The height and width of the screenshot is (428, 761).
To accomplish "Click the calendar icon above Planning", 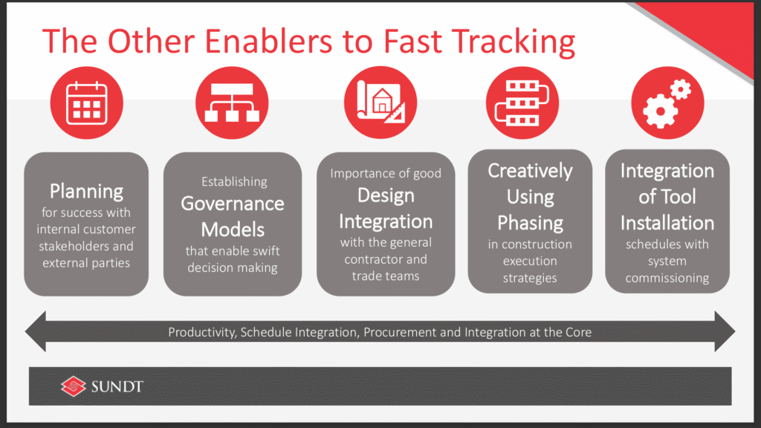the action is pos(86,103).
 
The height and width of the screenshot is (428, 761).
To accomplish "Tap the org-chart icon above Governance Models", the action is pos(232,103).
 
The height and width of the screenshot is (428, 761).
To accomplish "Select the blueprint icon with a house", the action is pos(380,102).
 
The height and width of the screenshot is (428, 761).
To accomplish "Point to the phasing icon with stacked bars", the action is pos(522,103).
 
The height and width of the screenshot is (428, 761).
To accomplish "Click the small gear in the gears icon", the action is pos(681,89).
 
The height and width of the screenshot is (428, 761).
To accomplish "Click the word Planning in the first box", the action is pos(86,192).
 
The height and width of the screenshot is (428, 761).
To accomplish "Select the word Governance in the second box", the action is pos(233,204).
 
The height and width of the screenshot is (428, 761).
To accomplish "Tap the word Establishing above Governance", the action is pos(234,181).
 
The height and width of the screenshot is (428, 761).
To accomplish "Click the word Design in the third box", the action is pos(386,195).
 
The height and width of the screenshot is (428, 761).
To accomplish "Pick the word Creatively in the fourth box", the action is pos(530,172).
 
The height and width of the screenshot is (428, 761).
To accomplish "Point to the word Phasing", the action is pos(530,223).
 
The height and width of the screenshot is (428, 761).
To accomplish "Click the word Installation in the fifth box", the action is pos(667,223).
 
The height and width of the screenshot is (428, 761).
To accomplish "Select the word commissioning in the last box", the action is pos(667,278).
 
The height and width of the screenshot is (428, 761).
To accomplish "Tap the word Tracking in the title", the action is pos(516,42).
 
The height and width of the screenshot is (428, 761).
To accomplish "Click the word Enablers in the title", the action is pos(268,41).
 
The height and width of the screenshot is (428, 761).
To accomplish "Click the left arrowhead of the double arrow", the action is pos(36,331).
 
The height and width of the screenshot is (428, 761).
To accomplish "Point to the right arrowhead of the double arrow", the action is pos(725,331).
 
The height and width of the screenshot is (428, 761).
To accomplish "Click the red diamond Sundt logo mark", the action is pos(74,386).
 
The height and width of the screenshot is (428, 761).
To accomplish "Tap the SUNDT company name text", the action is pos(117,386).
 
